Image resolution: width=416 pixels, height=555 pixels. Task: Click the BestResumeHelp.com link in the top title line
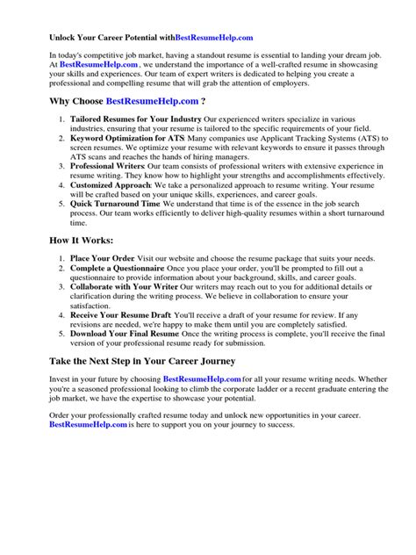pos(213,38)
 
